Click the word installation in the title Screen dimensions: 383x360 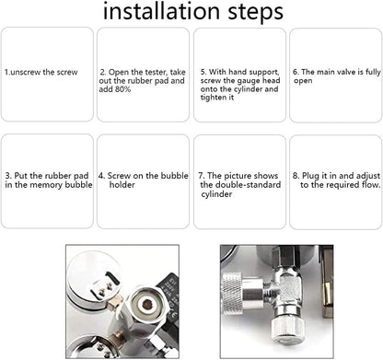point(161,11)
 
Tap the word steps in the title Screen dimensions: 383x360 point(255,13)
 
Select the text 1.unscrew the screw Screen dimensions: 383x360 point(41,73)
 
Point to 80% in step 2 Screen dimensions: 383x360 point(122,89)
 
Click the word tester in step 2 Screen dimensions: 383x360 point(156,72)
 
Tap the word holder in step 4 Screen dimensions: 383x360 point(122,185)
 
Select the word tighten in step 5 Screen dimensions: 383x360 point(214,98)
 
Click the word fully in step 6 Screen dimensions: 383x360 point(373,72)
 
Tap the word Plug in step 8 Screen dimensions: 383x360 point(310,176)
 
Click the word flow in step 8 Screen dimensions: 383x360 point(371,185)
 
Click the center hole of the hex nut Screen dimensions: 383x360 point(148,304)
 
